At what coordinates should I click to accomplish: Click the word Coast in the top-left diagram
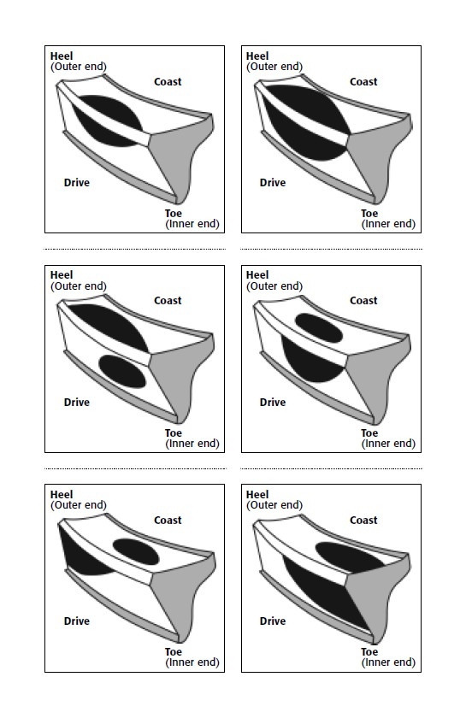(168, 82)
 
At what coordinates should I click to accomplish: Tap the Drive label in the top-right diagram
(273, 183)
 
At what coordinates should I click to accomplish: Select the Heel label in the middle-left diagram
(62, 275)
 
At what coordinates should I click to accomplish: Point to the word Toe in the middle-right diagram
(369, 433)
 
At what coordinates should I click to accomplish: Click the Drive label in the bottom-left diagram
(76, 621)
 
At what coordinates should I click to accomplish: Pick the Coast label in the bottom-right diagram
(363, 521)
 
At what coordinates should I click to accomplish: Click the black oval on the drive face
(122, 371)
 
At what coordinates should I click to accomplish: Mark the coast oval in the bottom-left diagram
(136, 552)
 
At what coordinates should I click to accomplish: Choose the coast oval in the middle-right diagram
(319, 328)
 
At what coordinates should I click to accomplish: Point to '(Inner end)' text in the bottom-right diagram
(388, 662)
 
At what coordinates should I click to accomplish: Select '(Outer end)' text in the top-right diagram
(274, 67)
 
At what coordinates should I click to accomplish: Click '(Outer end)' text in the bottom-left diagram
(79, 505)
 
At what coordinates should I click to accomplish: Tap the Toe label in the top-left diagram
(174, 214)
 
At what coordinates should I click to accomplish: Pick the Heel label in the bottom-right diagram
(257, 495)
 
